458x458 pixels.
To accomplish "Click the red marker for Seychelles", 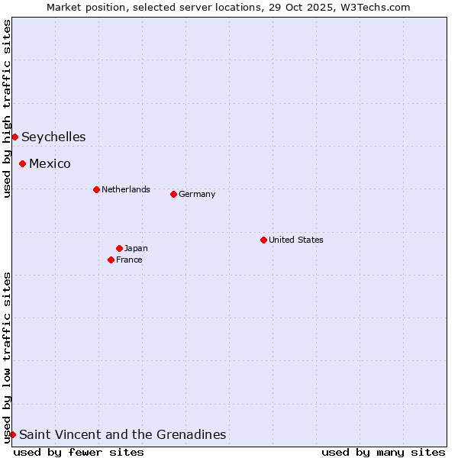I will point(15,137).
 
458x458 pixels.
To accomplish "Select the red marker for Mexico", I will point(23,163).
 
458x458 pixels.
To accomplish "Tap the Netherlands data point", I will point(96,189).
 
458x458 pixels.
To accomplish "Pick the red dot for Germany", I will point(173,194).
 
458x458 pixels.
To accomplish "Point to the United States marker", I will point(263,240).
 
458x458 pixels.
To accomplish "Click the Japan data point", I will point(119,248).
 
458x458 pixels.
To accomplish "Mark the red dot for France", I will point(111,260).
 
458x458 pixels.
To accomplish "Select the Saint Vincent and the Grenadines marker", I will point(12,434).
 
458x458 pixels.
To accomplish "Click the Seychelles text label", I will point(53,137).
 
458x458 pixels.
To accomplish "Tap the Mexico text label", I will point(50,164).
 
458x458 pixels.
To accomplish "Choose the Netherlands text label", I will point(126,189).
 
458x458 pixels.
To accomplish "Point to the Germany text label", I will point(197,194).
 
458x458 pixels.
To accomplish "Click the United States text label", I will point(296,240).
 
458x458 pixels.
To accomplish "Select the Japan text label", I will point(136,248).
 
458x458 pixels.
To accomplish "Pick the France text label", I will point(129,260).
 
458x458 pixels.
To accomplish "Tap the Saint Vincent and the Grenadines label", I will point(123,435).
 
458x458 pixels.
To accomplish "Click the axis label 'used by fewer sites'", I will point(79,452).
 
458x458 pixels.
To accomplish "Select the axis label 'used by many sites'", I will point(383,452).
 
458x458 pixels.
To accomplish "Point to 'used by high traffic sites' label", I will point(7,108).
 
